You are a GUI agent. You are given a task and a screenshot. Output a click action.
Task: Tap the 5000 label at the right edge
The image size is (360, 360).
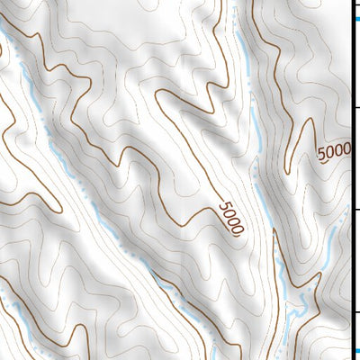pos(334,152)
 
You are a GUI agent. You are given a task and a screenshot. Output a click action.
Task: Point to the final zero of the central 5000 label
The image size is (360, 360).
pos(238,229)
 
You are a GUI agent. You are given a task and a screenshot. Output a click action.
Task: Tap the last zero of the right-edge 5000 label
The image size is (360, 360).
pos(346,148)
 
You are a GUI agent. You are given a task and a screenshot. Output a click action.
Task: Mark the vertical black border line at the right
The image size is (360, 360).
pos(351,180)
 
